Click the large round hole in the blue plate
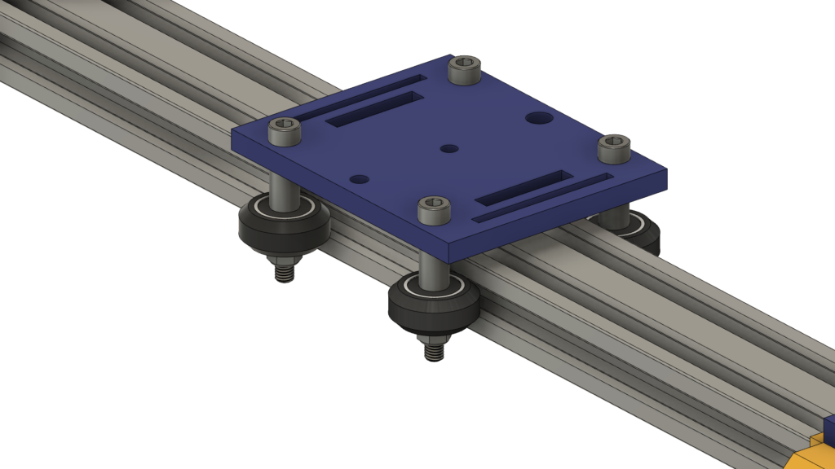pos(537,118)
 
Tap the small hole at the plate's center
pos(448,149)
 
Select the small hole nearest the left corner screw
pos(360,178)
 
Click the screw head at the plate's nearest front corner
pos(434,209)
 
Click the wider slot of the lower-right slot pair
pos(519,187)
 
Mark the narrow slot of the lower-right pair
pos(545,199)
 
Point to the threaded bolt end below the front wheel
pos(434,348)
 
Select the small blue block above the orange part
pos(829,426)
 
